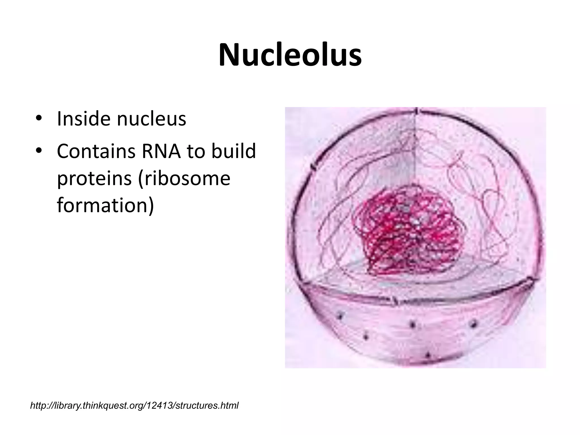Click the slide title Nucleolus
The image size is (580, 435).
pos(290,55)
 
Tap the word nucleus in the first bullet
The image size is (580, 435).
pos(152,119)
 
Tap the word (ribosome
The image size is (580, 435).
pos(184,179)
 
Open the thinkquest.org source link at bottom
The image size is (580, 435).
pos(134,406)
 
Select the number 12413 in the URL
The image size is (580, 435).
pos(163,406)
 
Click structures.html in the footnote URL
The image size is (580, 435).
pos(207,406)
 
